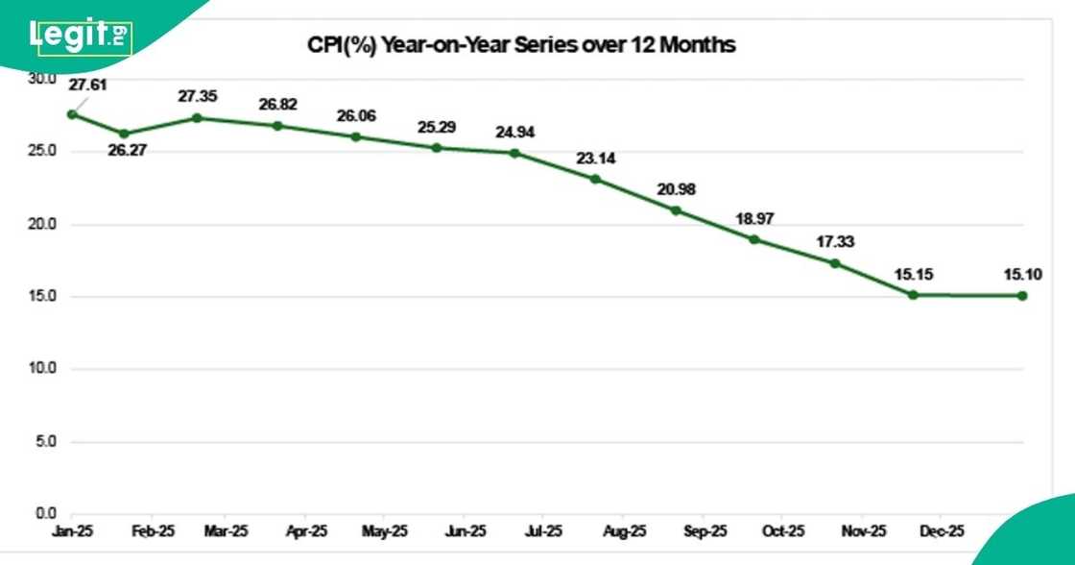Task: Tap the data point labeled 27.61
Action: pos(72,114)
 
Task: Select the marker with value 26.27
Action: pos(124,134)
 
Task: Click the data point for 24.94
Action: pos(514,153)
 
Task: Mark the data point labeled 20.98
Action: pos(676,210)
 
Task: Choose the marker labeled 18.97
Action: pos(754,239)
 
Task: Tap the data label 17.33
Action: pos(835,241)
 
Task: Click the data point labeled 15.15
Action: pos(913,295)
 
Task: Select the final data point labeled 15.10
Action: pos(1022,296)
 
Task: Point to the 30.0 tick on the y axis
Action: pos(41,79)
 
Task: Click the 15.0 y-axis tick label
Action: pos(41,296)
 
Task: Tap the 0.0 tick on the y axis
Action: pos(43,513)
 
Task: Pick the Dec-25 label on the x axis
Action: pos(943,530)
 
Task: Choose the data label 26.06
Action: pos(356,115)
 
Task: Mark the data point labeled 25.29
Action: pos(437,148)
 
